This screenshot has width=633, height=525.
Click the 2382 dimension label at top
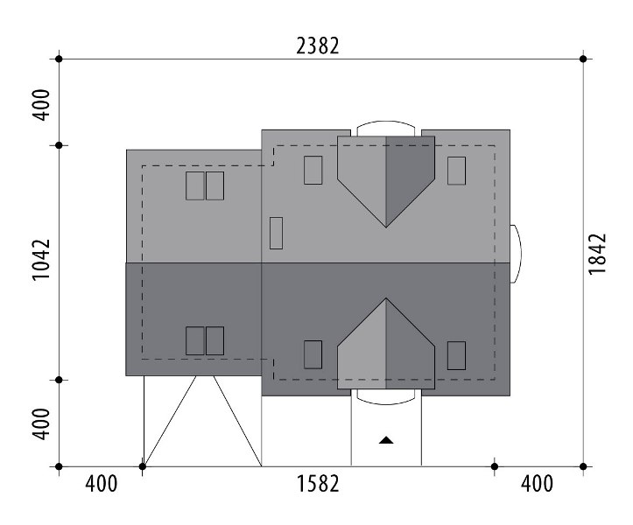pyautogui.click(x=318, y=46)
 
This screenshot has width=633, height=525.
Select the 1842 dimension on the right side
pyautogui.click(x=597, y=254)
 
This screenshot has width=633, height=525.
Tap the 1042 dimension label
pyautogui.click(x=41, y=260)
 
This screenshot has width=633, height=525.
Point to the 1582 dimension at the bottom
pyautogui.click(x=318, y=483)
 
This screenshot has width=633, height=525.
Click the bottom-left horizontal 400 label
pyautogui.click(x=102, y=483)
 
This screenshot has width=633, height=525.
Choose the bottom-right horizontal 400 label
pyautogui.click(x=537, y=483)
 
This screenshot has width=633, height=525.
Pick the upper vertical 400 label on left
pyautogui.click(x=41, y=105)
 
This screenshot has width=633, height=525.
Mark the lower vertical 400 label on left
pyautogui.click(x=41, y=423)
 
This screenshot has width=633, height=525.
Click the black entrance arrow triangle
pyautogui.click(x=386, y=440)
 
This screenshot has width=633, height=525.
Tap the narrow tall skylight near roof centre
pyautogui.click(x=276, y=233)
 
